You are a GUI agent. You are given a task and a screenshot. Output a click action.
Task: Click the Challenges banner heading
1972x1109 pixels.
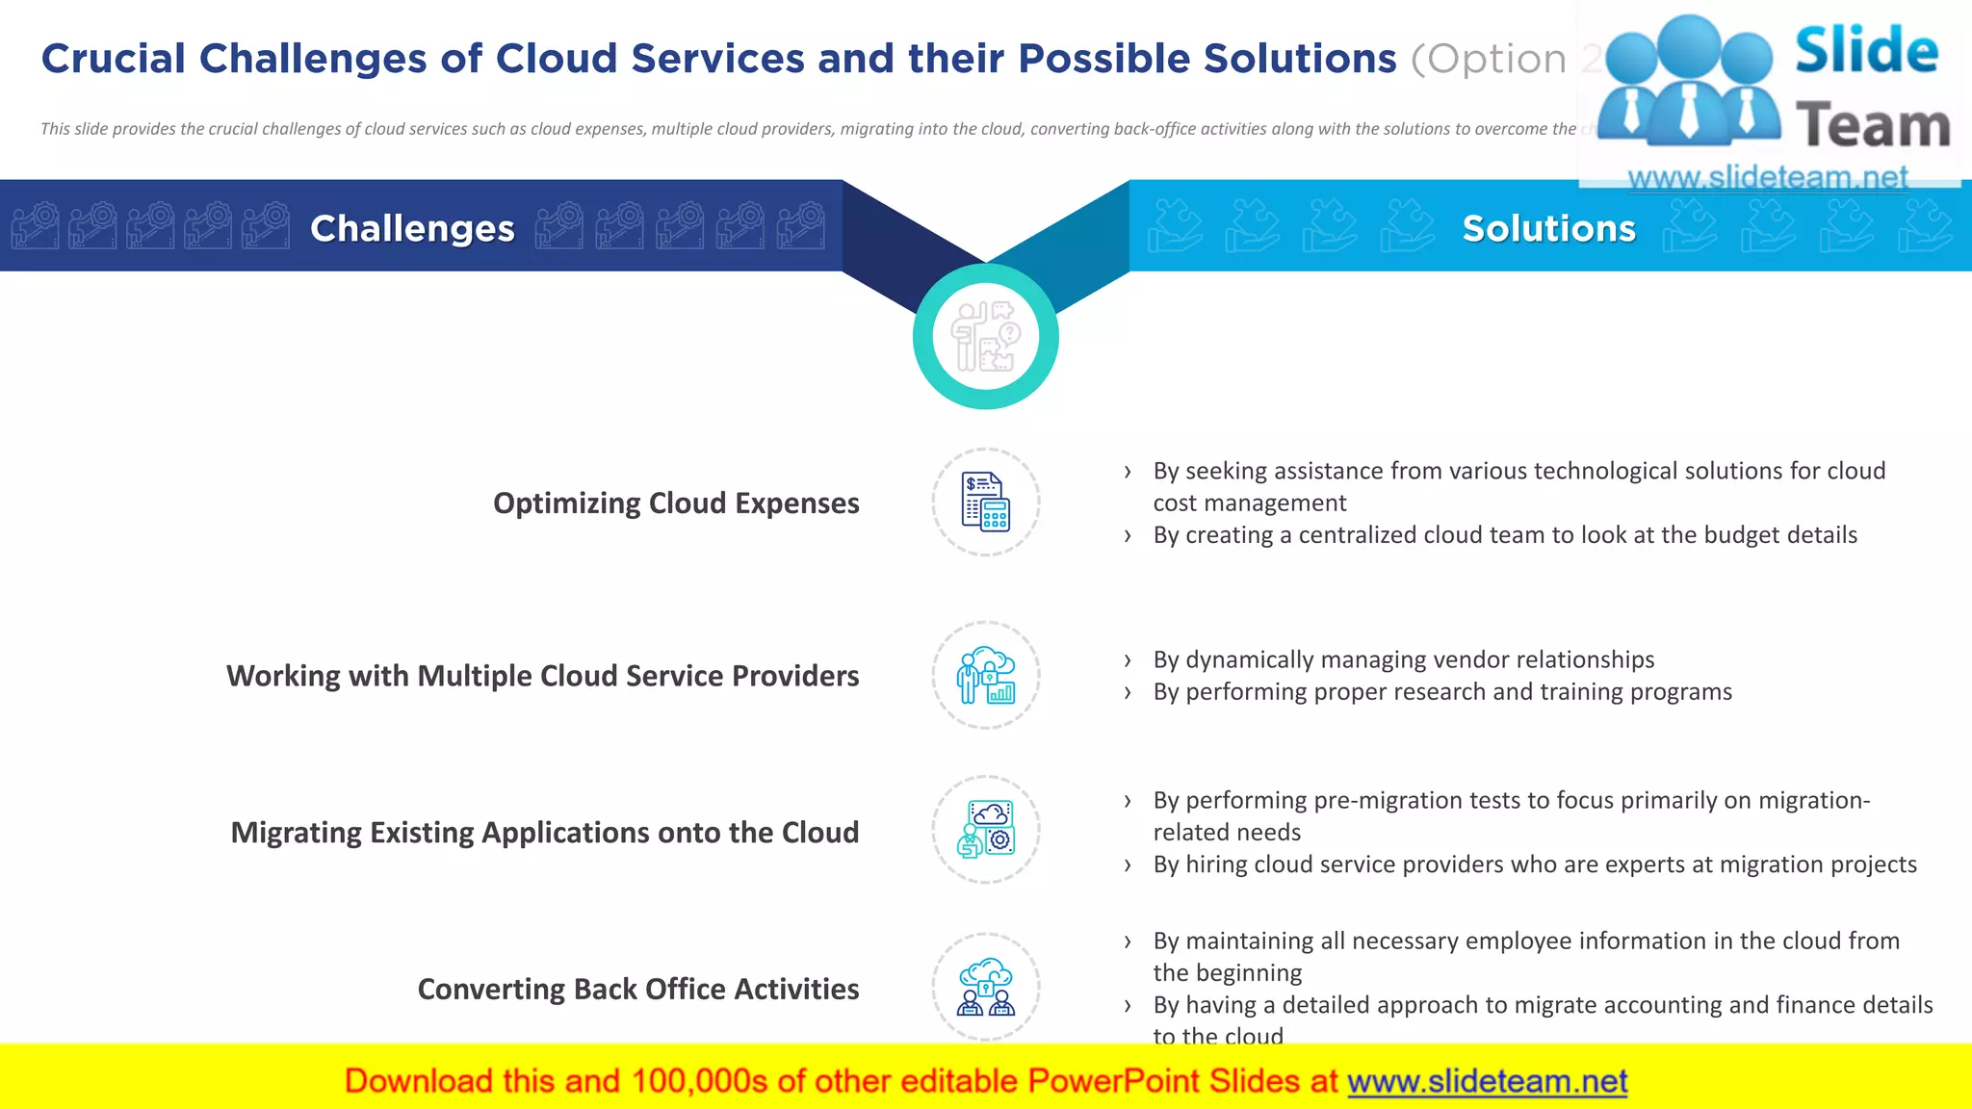coord(412,228)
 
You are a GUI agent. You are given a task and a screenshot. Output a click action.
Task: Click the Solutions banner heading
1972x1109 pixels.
coord(1548,228)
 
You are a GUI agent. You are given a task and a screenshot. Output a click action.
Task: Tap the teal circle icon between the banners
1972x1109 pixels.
coord(985,336)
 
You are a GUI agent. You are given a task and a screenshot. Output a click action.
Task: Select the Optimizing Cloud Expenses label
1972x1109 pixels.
coord(676,503)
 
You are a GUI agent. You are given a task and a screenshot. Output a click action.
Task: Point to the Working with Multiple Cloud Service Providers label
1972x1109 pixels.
coord(542,676)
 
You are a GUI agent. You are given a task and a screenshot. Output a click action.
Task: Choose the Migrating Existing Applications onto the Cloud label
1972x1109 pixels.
coord(544,832)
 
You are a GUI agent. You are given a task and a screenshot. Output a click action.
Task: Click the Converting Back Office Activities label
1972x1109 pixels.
coord(637,989)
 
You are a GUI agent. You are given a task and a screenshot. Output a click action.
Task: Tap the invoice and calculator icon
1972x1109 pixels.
coord(985,502)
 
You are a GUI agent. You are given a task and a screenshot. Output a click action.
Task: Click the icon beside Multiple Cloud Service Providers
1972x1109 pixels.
coord(985,675)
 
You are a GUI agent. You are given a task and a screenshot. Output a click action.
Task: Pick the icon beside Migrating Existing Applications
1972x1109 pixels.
coord(985,830)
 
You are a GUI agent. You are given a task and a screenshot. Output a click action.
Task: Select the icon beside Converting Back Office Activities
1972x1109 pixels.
coord(985,987)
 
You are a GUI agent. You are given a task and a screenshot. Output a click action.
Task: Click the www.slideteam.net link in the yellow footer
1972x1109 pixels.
coord(1487,1081)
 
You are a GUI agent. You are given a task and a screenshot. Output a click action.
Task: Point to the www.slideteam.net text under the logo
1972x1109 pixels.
coord(1767,177)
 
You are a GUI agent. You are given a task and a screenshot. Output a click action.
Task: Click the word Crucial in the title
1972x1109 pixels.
coord(113,59)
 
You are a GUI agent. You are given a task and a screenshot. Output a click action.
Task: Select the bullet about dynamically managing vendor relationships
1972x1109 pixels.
coord(1403,659)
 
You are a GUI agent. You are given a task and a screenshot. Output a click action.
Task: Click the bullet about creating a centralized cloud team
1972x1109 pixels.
coord(1505,535)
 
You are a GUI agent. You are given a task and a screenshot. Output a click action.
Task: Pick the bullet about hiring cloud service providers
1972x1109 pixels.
coord(1535,864)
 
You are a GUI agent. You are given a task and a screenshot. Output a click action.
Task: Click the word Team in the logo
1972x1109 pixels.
coord(1872,127)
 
